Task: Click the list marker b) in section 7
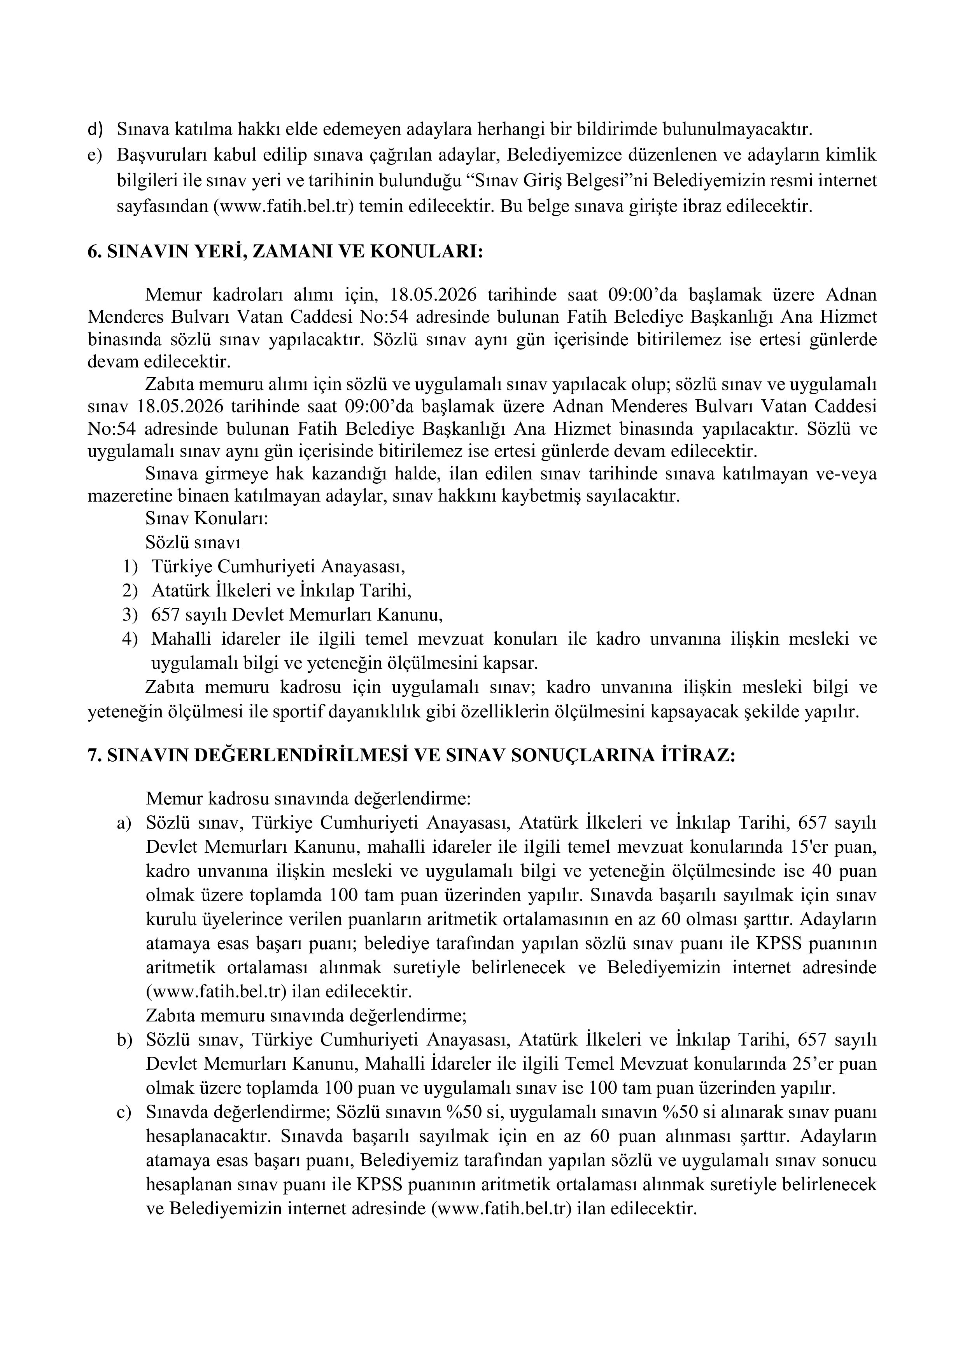(124, 1040)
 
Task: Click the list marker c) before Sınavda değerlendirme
(124, 1112)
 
